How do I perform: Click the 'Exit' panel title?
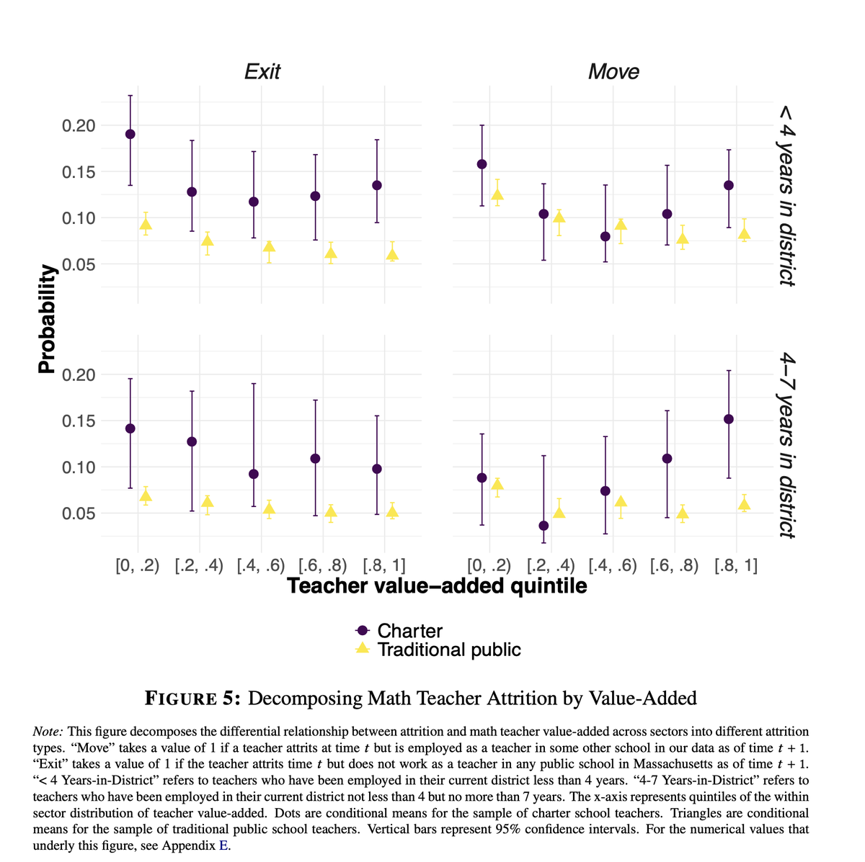point(262,71)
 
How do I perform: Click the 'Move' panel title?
point(613,71)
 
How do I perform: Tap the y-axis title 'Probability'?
point(47,318)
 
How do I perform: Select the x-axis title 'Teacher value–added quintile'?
point(437,586)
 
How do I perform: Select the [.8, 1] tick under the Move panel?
point(736,565)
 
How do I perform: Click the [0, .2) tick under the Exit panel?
point(138,565)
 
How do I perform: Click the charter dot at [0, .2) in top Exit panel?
point(130,134)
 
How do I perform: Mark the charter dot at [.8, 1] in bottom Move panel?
point(729,419)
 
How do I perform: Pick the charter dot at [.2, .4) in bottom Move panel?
point(544,526)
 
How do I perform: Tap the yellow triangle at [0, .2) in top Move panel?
point(497,194)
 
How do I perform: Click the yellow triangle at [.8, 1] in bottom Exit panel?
point(392,512)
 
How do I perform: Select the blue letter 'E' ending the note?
point(223,845)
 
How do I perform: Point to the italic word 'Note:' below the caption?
point(48,731)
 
